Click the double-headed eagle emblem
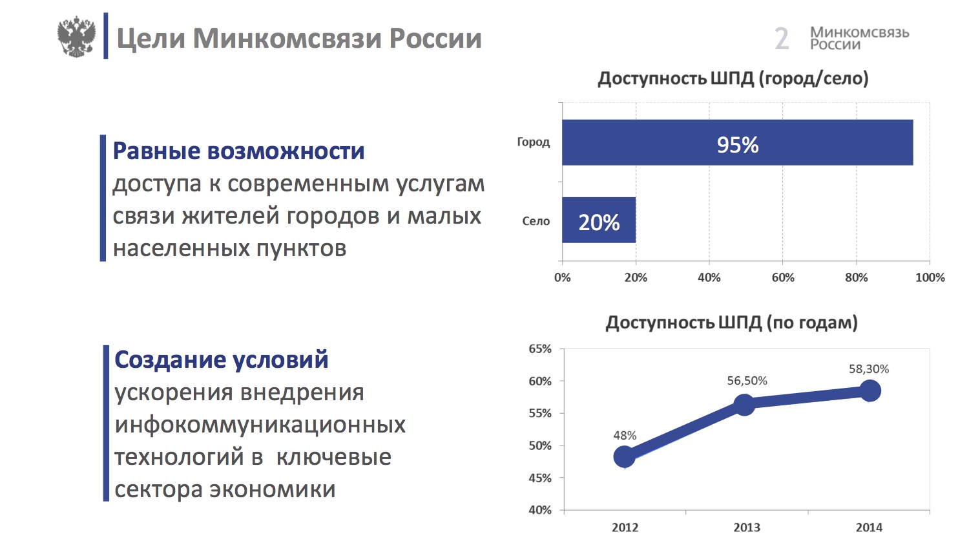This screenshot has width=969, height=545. tap(76, 37)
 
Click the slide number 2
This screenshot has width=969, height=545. tap(782, 39)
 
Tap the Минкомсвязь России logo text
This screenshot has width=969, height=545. tap(859, 38)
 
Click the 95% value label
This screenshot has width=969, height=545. tap(738, 145)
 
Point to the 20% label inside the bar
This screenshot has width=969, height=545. tap(599, 222)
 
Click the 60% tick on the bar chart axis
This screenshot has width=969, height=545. tap(783, 277)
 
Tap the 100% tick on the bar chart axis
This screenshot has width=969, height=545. tap(930, 277)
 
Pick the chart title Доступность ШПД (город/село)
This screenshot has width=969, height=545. tap(733, 79)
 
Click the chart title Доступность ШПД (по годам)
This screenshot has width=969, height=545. tap(731, 323)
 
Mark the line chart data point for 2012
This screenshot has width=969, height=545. tap(624, 457)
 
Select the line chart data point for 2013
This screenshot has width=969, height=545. tap(745, 405)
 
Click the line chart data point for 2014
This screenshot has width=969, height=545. tap(870, 390)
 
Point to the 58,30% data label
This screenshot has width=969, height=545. tap(869, 369)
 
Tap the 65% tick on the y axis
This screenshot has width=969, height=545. tap(540, 349)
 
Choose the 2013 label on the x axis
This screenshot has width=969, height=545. tap(747, 528)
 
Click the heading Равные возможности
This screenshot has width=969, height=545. tap(238, 151)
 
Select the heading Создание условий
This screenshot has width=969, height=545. tap(221, 359)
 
